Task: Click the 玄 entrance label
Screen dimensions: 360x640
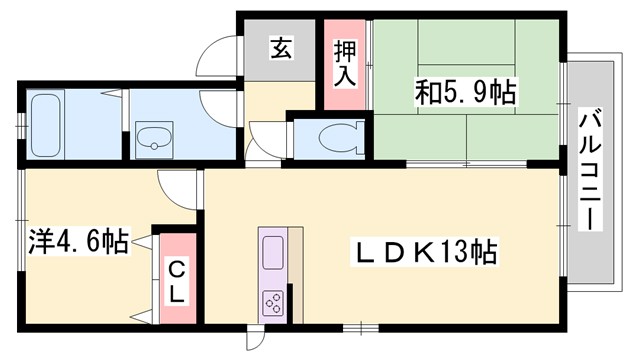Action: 281,48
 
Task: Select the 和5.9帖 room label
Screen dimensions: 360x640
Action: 466,94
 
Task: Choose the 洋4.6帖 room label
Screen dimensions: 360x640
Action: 79,241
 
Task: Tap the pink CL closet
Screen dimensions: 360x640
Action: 175,279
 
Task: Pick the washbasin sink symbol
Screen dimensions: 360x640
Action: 153,139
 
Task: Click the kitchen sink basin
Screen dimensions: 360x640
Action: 273,251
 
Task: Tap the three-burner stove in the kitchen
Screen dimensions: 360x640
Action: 273,301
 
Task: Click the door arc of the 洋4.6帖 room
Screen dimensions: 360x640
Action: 176,185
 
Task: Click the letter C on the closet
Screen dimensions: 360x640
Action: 175,267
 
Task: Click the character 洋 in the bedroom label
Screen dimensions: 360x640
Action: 39,241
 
